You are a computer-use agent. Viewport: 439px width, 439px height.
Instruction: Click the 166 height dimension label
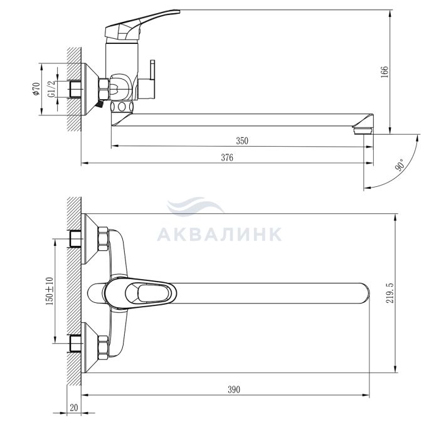coord(385,72)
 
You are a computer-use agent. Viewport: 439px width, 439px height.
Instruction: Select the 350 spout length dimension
coord(242,140)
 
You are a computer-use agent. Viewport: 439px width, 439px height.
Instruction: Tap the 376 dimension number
coord(227,157)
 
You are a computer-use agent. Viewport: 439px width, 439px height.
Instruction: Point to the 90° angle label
coord(399,164)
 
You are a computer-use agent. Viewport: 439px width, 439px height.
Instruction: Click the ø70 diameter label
coord(36,89)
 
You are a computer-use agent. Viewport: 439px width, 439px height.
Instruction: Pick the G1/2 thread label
coord(51,89)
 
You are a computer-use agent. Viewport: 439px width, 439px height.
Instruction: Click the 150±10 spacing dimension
coord(50,291)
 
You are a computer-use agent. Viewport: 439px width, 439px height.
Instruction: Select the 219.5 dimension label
coord(389,293)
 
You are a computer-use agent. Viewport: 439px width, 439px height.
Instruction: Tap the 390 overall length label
coord(234,389)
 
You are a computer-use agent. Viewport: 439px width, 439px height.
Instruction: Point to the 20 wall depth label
coord(74,408)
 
